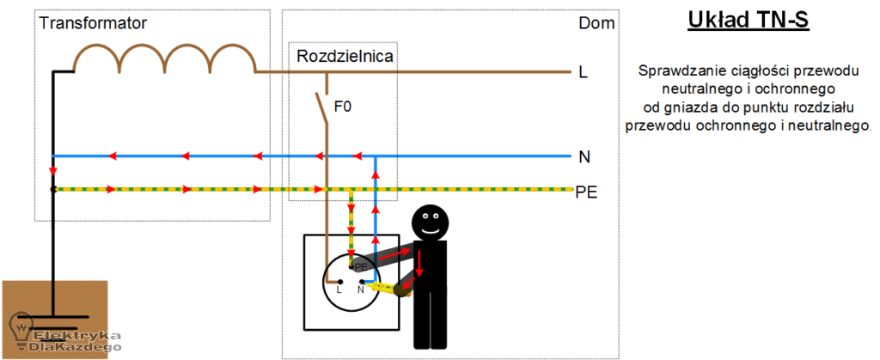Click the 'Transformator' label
pos(93,23)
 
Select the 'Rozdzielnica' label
pos(345,58)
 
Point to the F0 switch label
pos(343,107)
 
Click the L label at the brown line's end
pos(584,74)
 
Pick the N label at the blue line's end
pos(584,157)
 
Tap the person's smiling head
pos(429,223)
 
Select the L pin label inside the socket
pos(339,290)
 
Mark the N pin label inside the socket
pos(361,290)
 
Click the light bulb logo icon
pos(21,327)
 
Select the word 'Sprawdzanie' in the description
pos(675,70)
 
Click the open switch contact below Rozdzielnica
pos(321,107)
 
